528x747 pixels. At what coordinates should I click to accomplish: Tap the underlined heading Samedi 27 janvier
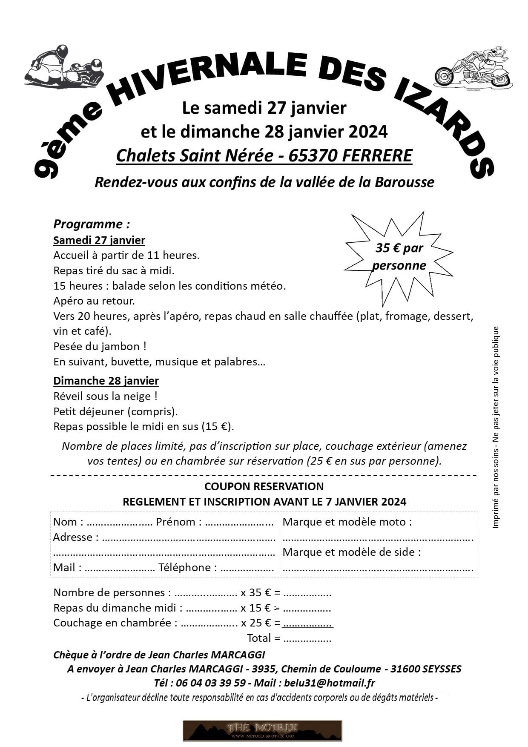99,240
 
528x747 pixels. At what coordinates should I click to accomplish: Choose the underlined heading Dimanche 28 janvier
106,381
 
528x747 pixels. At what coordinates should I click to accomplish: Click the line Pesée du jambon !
100,346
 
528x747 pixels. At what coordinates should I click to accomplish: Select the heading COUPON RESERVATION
264,486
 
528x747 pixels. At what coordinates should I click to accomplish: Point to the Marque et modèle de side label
352,552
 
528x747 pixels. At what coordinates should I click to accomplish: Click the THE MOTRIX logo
262,730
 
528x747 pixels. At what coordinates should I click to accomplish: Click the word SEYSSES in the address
442,669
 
